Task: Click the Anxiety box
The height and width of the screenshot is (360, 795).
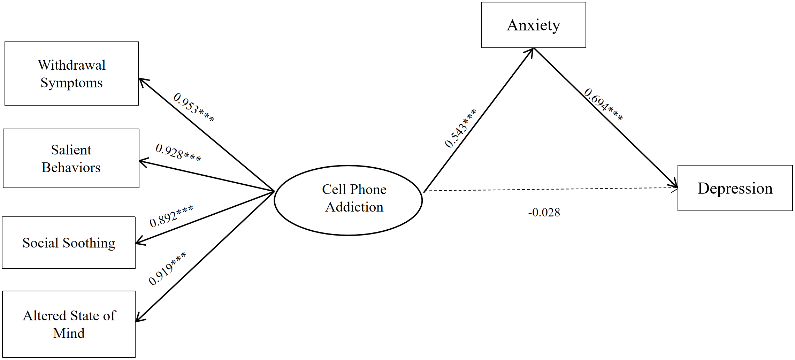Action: click(533, 25)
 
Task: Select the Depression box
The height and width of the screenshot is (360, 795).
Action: click(735, 188)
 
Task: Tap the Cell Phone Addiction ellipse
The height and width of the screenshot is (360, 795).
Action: click(348, 200)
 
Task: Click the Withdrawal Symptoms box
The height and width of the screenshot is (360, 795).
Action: click(71, 74)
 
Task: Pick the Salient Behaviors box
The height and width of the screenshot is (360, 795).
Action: click(71, 159)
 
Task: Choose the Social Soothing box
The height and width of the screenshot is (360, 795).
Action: click(69, 243)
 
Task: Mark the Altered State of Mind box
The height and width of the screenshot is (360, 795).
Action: click(69, 324)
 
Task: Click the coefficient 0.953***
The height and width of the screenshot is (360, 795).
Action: click(194, 107)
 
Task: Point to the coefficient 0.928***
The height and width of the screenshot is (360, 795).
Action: click(178, 153)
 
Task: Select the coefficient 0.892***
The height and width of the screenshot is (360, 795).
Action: click(171, 216)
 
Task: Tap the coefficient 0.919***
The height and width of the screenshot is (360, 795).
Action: click(167, 269)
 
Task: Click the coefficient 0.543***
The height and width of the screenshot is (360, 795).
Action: click(460, 128)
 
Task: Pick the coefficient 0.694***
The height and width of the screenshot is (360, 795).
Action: click(603, 104)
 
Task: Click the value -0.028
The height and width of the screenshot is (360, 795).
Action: click(544, 212)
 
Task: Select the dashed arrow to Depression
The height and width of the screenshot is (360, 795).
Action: click(551, 189)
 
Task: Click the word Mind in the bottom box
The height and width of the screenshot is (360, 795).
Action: click(69, 333)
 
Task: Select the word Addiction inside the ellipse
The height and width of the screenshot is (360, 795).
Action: click(354, 207)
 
